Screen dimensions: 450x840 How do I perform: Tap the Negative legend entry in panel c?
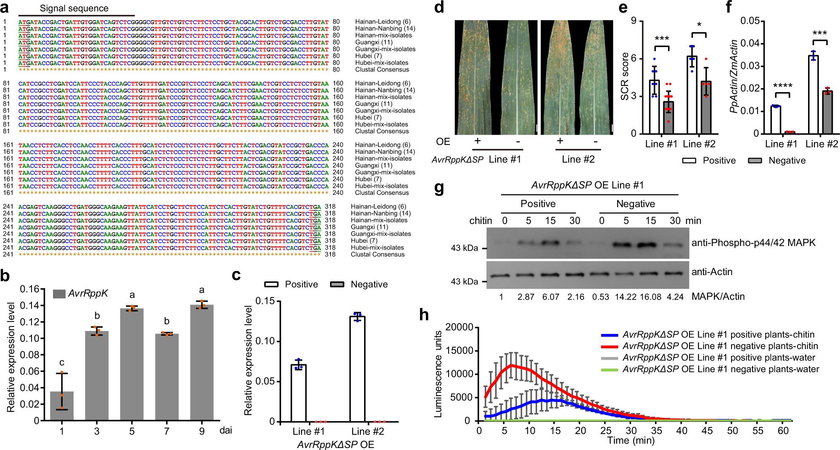[x=369, y=284]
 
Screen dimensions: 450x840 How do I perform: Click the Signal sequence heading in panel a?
[x=74, y=8]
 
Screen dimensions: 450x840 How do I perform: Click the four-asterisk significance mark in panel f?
[x=782, y=86]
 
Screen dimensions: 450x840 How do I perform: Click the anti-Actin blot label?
[x=712, y=272]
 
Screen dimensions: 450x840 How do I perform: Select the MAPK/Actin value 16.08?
[x=650, y=297]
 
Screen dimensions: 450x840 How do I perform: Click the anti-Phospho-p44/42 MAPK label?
[x=753, y=242]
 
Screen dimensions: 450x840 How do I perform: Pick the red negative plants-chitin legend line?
[x=609, y=347]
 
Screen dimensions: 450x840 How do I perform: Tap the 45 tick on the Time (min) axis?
[x=707, y=431]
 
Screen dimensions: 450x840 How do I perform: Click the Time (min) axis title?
[x=631, y=440]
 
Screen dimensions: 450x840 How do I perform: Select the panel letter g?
[x=438, y=188]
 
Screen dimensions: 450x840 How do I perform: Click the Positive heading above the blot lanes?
[x=538, y=204]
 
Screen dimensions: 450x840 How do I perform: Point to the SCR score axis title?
[x=625, y=76]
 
